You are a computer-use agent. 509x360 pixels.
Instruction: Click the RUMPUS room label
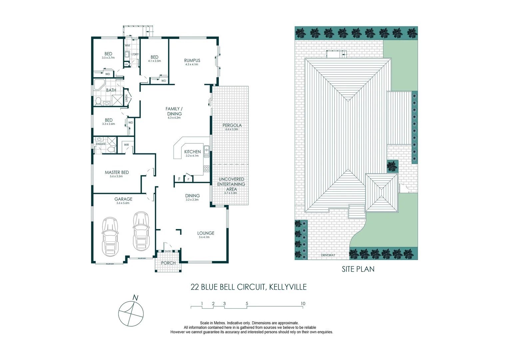tap(192, 60)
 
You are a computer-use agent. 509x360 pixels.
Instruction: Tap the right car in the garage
tap(141, 231)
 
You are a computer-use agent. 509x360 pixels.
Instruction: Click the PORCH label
tap(168, 263)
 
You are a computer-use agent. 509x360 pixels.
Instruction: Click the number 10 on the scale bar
tap(302, 304)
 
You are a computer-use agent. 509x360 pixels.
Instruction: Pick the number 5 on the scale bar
tap(247, 304)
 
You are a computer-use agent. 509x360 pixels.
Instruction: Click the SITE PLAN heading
tap(358, 269)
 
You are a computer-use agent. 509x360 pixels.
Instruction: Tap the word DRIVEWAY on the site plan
tap(328, 255)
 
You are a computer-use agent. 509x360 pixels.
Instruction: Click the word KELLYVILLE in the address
tap(287, 287)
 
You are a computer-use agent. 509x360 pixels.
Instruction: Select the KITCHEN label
tap(193, 152)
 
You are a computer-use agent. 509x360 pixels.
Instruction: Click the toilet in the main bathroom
tap(98, 101)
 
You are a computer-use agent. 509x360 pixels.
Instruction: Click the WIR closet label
tap(126, 145)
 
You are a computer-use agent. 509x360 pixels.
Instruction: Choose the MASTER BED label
tap(117, 172)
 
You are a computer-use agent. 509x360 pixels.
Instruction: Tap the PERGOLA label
tap(232, 125)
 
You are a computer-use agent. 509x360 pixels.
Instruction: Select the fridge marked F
tap(179, 179)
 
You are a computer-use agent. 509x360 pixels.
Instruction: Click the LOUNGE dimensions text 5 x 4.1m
tap(204, 237)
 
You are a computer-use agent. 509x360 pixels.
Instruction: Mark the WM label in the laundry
tap(127, 45)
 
